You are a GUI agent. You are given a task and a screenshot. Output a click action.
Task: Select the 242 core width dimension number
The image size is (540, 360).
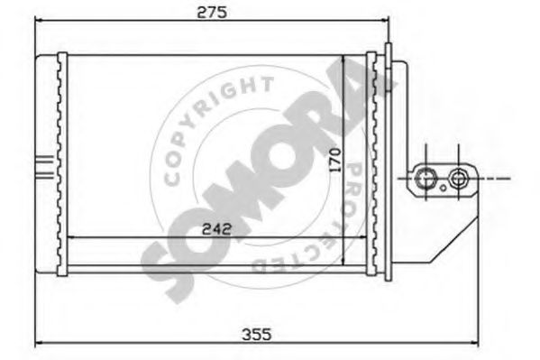[x=215, y=228]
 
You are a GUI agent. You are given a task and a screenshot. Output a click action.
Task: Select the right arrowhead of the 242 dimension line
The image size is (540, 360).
[x=362, y=238]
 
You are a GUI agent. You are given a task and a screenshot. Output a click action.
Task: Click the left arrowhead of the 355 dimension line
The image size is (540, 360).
[x=39, y=345]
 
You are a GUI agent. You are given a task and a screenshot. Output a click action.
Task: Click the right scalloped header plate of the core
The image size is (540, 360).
[x=371, y=162]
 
